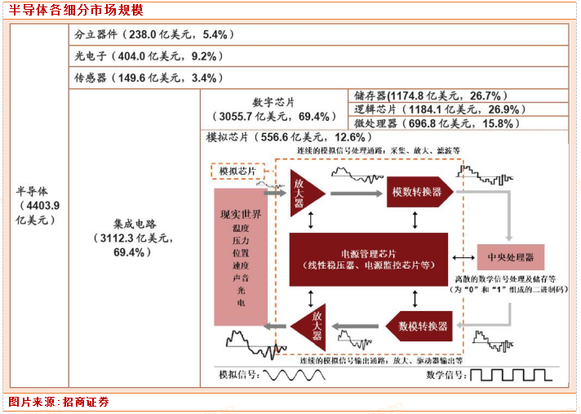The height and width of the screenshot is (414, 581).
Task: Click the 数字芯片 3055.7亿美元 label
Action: (x=273, y=109)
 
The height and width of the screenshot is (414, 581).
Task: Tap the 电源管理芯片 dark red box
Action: (x=369, y=259)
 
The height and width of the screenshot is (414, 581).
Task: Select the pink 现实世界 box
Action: (x=241, y=256)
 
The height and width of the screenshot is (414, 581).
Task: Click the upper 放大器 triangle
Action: (x=305, y=193)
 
